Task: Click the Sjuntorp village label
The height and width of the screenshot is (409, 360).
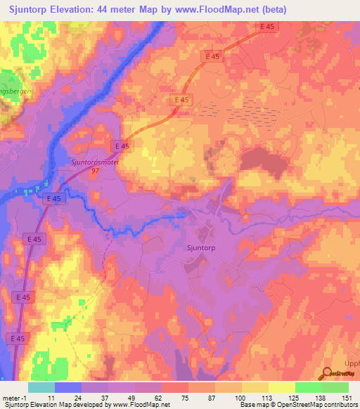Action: [204, 247]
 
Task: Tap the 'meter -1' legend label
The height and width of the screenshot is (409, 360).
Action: [14, 398]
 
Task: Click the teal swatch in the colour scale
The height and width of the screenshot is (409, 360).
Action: [41, 387]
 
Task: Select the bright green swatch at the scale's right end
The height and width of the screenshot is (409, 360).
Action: [335, 387]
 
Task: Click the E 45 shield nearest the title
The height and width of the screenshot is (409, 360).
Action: [266, 27]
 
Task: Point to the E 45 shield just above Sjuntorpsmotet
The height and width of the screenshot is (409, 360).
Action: [122, 145]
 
